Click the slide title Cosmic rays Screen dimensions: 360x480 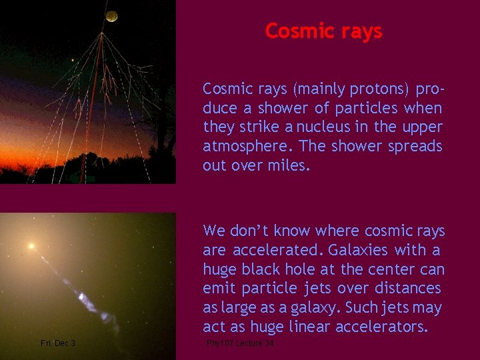(x=323, y=31)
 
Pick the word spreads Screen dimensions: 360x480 (x=417, y=147)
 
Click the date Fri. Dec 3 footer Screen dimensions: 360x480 (x=58, y=343)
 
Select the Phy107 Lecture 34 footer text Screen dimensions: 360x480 (x=240, y=343)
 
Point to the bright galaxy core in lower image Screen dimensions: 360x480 (x=31, y=247)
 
